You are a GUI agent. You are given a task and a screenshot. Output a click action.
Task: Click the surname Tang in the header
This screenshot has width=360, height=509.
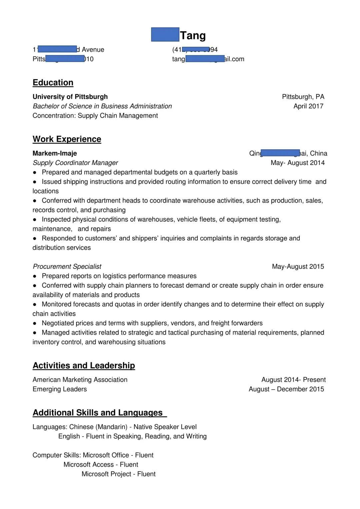193,35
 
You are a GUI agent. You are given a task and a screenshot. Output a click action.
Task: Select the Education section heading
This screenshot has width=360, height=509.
53,83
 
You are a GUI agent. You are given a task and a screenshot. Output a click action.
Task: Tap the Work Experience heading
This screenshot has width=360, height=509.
67,139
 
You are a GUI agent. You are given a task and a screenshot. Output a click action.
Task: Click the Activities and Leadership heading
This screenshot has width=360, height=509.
84,365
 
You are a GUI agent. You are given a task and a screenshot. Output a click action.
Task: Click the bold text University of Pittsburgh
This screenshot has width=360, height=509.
70,97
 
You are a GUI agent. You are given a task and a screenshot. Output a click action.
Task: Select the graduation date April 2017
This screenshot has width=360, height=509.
308,106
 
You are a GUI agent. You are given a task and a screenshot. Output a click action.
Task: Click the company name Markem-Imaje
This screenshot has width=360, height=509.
55,153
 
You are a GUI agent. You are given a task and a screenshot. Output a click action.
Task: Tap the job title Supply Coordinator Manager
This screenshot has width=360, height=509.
75,163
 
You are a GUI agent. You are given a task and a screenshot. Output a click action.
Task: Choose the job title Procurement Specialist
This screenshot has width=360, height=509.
67,266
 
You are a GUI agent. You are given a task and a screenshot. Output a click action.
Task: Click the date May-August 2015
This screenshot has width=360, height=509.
298,266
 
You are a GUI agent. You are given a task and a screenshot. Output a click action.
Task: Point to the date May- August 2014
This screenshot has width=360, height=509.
298,163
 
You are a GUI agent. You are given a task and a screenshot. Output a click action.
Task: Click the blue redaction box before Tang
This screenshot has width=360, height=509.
165,35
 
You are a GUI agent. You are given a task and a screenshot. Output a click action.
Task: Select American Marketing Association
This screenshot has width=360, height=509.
80,380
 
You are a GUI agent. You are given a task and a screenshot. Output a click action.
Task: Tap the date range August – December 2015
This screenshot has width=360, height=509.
286,389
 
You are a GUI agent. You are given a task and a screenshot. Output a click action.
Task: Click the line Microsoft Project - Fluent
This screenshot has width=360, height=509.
119,474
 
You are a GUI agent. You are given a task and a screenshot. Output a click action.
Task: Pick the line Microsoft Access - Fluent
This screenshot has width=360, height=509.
101,465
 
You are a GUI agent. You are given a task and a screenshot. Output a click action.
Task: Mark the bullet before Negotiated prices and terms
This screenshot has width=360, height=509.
35,323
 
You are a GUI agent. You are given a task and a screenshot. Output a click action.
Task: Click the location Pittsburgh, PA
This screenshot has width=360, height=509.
303,97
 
